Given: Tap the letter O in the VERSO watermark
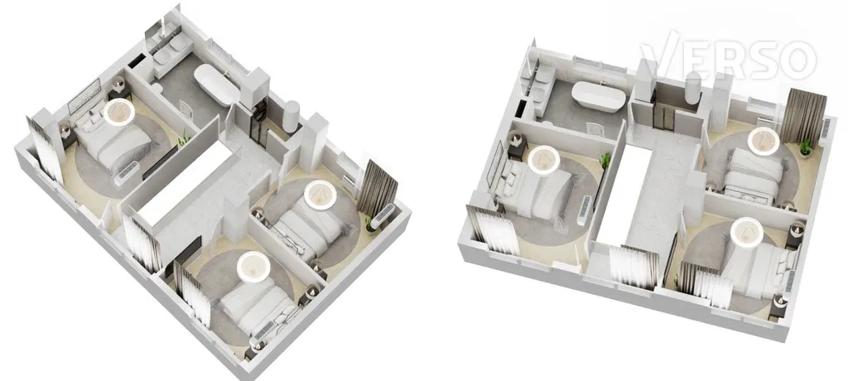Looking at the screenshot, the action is (796, 60).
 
